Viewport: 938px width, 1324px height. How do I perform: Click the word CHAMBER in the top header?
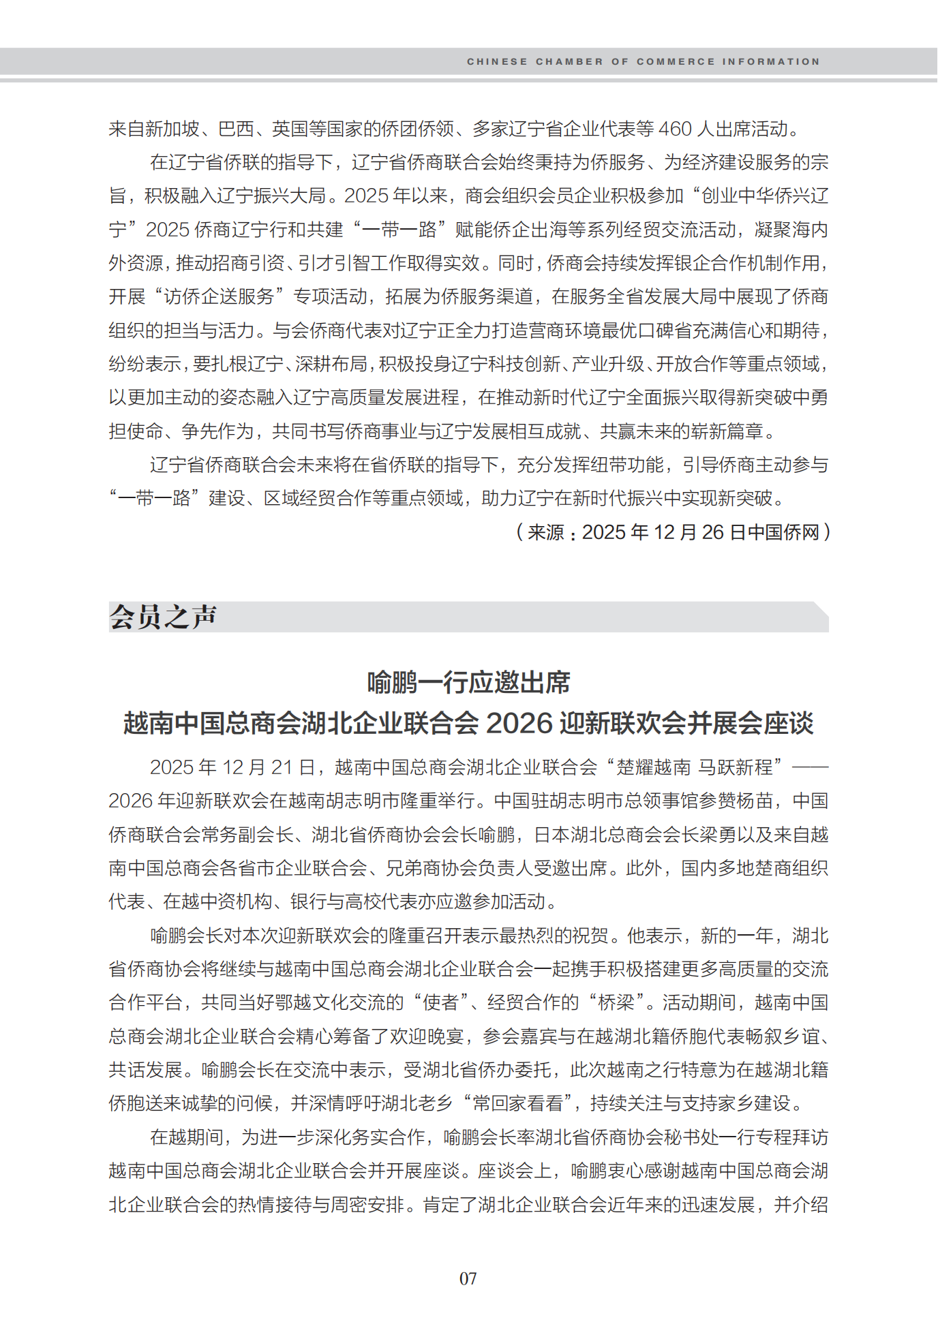tap(569, 62)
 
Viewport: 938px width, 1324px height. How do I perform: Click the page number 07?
tap(468, 1278)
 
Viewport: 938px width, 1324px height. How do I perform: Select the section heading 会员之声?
tap(163, 617)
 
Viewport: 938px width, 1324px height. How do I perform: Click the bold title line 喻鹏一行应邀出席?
tap(469, 682)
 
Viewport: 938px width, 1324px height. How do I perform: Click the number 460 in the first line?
tap(675, 129)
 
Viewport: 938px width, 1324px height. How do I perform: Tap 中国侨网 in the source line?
tap(784, 532)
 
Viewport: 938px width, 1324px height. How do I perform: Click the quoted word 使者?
tap(440, 1002)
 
